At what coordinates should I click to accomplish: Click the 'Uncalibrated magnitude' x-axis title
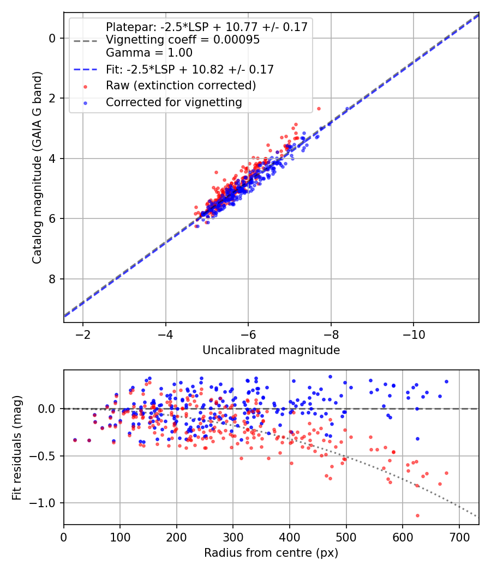tap(271, 350)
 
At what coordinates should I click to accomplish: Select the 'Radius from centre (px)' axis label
tap(271, 553)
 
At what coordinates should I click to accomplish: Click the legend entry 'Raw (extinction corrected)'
tap(181, 86)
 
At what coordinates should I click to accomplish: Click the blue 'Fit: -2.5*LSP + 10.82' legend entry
tap(190, 69)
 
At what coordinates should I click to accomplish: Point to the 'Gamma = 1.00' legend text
tap(149, 53)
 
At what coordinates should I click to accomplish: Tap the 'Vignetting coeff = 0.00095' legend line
tap(183, 40)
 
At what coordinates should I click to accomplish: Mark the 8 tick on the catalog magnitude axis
tap(52, 279)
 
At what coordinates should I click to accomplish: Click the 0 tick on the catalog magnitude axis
tap(52, 38)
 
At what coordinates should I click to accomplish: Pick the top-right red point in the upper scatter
tap(319, 108)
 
